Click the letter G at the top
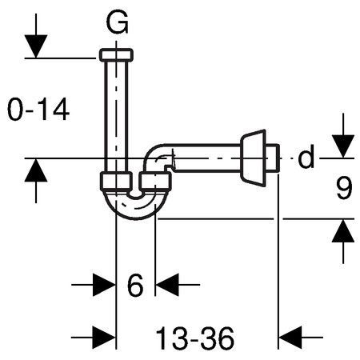[x=117, y=23]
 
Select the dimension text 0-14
[x=38, y=110]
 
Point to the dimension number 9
[x=344, y=189]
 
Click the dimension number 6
[x=135, y=285]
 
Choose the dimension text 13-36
[x=194, y=338]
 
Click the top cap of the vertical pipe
[x=116, y=55]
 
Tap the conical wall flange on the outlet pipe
[x=254, y=158]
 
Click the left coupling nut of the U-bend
[x=116, y=182]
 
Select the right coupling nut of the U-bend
[x=155, y=182]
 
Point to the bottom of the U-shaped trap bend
[x=136, y=214]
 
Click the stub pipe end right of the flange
[x=273, y=158]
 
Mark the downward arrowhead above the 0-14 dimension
[x=36, y=46]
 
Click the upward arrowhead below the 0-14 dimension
[x=36, y=170]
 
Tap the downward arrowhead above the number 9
[x=343, y=146]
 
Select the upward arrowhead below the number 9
[x=343, y=230]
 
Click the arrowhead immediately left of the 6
[x=104, y=285]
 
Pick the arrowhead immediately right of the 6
[x=167, y=285]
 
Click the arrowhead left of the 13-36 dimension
[x=104, y=338]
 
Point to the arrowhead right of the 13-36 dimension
[x=290, y=338]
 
